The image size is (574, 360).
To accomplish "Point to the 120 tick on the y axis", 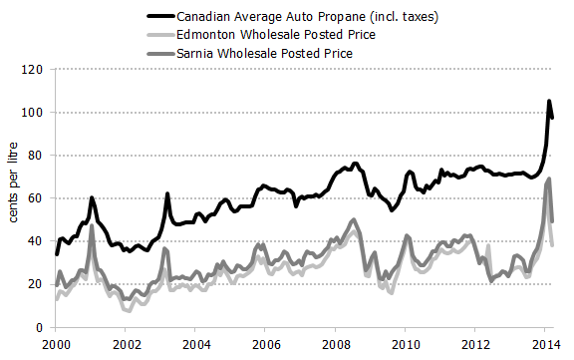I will [x=35, y=70].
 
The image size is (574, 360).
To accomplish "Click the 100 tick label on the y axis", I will [x=35, y=113].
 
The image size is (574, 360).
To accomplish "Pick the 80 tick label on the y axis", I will [x=38, y=156].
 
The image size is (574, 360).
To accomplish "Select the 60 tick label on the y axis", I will [x=38, y=198].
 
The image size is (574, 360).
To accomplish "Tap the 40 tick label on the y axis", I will [x=38, y=241].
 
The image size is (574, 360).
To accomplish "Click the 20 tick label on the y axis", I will [x=38, y=284].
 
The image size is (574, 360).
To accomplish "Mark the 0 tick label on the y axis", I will [x=41, y=327].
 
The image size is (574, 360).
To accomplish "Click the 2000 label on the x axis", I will [x=56, y=344].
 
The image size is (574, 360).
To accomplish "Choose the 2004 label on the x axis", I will [x=195, y=344].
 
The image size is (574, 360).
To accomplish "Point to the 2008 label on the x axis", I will [x=335, y=344].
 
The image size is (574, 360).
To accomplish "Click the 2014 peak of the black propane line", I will [x=548, y=102].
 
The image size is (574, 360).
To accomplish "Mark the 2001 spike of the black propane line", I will [x=92, y=198].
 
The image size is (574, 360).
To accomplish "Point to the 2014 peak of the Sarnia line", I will [x=549, y=180].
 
